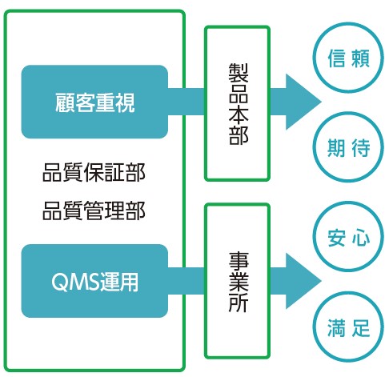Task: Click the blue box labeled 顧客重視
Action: tap(94, 102)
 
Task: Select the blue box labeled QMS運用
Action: tap(94, 281)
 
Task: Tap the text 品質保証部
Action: tap(94, 172)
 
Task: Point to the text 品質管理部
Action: tap(94, 211)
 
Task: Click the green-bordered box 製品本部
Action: tap(237, 103)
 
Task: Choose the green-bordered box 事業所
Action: tap(237, 281)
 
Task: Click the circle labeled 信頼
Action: tap(348, 58)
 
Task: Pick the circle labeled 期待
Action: tap(348, 147)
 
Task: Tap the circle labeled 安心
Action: tap(348, 237)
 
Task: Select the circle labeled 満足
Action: tap(348, 327)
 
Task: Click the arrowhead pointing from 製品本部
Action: tap(303, 102)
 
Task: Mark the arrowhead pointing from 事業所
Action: tap(303, 281)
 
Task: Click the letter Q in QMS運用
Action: tap(58, 282)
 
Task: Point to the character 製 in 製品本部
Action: tap(239, 73)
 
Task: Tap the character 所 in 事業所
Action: tap(239, 303)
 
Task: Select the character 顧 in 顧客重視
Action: tap(65, 102)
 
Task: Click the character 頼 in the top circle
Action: tap(360, 58)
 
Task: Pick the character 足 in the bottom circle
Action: tap(360, 327)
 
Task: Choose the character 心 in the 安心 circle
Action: tap(360, 238)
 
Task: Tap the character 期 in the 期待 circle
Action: tap(336, 147)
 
